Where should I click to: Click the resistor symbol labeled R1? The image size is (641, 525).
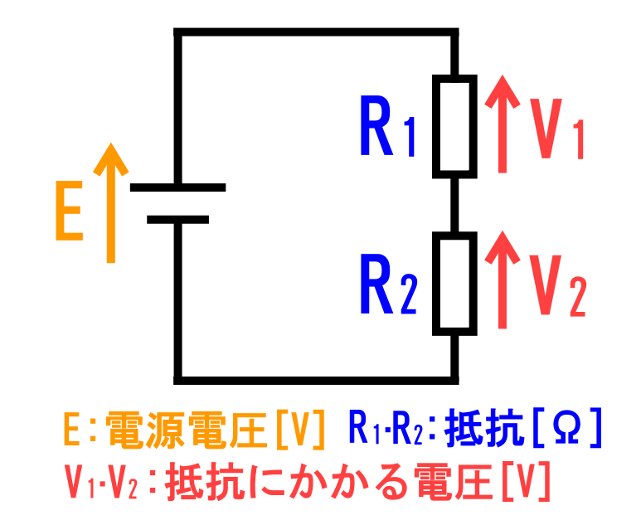pos(454,126)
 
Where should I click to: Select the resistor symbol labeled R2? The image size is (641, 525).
pos(454,283)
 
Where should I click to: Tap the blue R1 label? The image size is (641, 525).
pos(387,126)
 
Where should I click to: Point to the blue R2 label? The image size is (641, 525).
pos(387,284)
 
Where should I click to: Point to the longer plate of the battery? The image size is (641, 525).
pos(177,187)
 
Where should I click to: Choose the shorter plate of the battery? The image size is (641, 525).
pos(177,220)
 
